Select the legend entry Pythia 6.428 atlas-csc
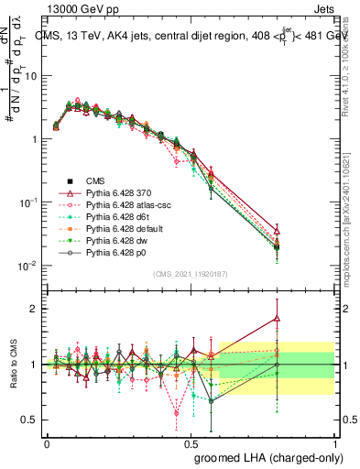point(115,206)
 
